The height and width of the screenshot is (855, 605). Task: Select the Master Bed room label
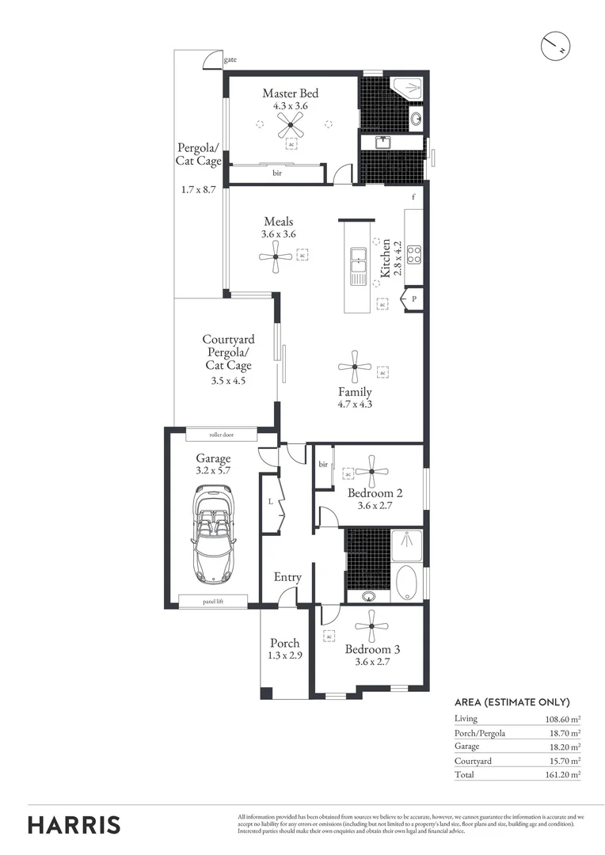291,93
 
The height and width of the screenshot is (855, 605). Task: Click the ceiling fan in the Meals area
275,256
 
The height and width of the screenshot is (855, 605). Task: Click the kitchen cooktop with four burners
413,254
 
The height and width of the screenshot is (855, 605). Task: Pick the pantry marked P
413,299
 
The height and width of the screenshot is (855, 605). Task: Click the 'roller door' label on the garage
222,435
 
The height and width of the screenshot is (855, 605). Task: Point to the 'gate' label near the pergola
230,59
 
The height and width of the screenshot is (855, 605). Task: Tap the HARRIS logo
74,824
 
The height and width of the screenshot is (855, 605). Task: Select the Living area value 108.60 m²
558,718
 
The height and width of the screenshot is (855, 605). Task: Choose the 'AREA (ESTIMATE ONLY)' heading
512,701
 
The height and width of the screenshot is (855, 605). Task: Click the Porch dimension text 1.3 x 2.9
284,655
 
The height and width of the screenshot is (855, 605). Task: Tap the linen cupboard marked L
271,502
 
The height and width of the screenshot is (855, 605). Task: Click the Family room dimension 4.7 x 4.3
354,404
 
